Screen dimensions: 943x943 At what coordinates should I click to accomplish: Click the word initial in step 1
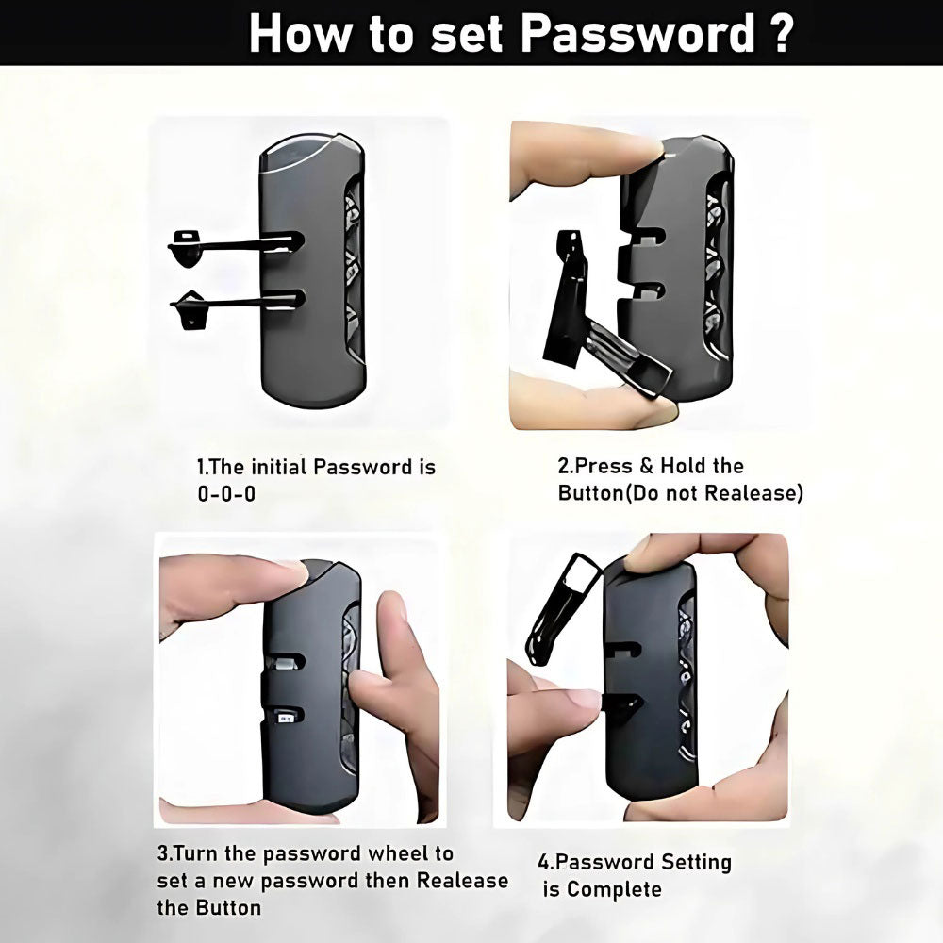pos(279,467)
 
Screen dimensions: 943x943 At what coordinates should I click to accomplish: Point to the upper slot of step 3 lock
pos(285,662)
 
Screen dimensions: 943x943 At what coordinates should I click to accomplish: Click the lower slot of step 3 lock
pos(285,717)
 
